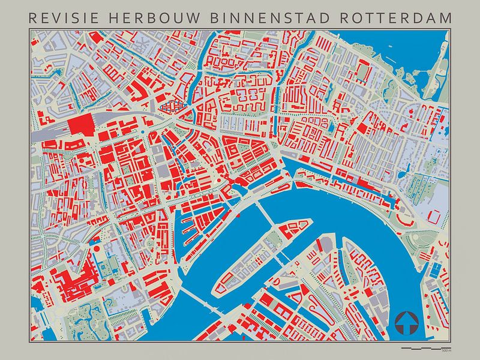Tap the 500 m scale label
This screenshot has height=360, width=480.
445,350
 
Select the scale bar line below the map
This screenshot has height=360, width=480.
423,347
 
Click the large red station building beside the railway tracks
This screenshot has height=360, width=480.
81,126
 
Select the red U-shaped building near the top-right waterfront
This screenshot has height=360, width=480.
363,72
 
